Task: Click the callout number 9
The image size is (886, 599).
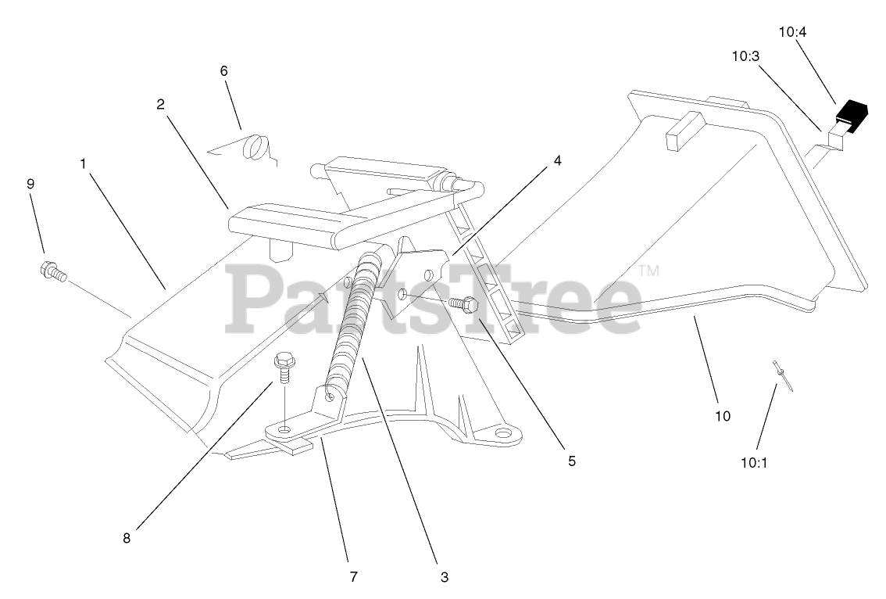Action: (x=30, y=184)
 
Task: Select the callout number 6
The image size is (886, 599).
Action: (x=223, y=70)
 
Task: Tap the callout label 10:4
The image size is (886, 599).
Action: (x=792, y=32)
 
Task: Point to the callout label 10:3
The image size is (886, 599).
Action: (x=745, y=56)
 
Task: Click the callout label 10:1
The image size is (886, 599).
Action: (x=754, y=462)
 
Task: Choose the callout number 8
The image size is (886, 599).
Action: (x=127, y=538)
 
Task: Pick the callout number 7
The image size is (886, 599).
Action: (x=353, y=577)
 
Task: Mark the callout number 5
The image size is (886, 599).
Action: (x=571, y=461)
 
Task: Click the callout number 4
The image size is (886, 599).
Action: (x=557, y=160)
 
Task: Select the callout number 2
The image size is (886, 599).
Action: (x=160, y=104)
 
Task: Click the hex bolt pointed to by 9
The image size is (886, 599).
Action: (x=52, y=272)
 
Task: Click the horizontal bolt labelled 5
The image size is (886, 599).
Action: (x=466, y=304)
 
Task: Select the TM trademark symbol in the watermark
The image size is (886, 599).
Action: (x=648, y=271)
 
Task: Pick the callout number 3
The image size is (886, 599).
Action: (x=444, y=577)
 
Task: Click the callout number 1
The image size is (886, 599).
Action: (x=82, y=164)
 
